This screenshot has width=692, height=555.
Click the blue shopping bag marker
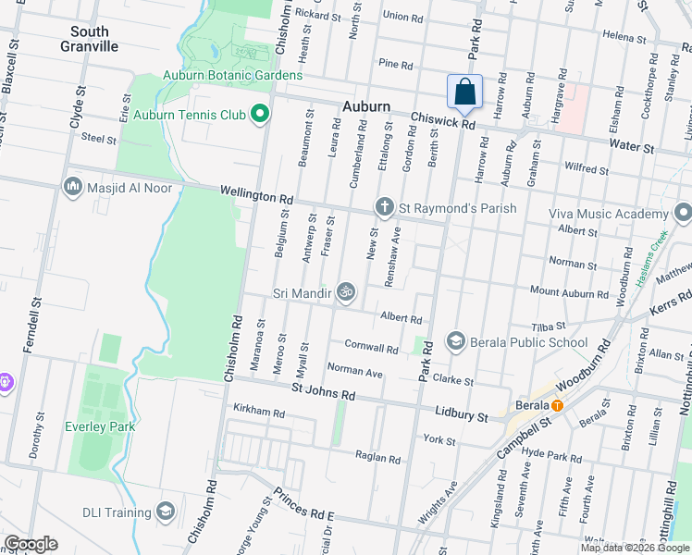(464, 92)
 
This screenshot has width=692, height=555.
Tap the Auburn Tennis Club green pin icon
(260, 115)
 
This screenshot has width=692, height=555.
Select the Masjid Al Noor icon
(73, 188)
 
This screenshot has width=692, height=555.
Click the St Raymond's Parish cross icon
(384, 207)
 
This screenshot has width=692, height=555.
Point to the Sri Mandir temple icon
(345, 293)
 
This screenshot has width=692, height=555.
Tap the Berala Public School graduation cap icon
(455, 342)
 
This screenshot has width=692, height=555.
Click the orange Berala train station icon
(557, 405)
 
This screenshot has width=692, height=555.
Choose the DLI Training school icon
(166, 512)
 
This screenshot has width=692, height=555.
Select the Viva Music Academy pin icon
(683, 213)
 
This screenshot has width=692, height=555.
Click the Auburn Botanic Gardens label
(232, 75)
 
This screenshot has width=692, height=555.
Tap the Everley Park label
(100, 426)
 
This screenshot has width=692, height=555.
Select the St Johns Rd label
(323, 394)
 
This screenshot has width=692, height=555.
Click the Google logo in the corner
(31, 544)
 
